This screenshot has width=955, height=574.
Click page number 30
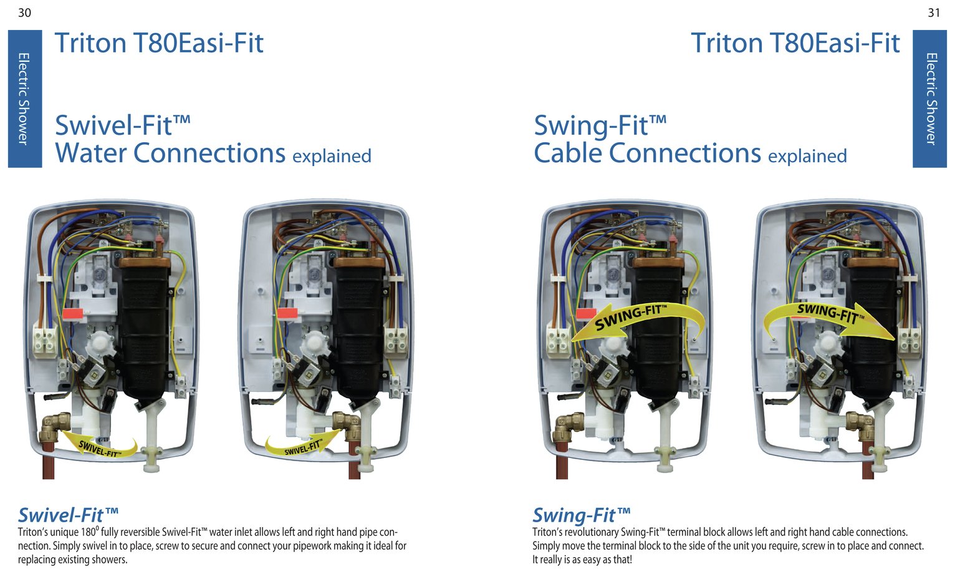[x=24, y=13]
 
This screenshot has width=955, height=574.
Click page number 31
[x=934, y=13]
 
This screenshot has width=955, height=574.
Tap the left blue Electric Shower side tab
[x=25, y=99]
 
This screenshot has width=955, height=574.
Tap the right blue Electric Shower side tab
[x=929, y=99]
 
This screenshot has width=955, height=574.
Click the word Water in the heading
[x=91, y=153]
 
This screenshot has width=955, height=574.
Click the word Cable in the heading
[x=567, y=153]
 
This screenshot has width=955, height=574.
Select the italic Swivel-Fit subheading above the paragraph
[x=68, y=515]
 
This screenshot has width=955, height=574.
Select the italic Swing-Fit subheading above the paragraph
[x=581, y=515]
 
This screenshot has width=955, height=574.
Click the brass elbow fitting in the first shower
[x=54, y=427]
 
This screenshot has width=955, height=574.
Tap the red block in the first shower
[x=73, y=314]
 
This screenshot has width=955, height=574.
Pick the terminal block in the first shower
[x=45, y=339]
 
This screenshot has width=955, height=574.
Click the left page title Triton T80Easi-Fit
[x=159, y=42]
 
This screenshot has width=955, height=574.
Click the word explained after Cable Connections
[x=807, y=157]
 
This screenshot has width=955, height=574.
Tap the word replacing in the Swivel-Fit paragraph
[x=37, y=560]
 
